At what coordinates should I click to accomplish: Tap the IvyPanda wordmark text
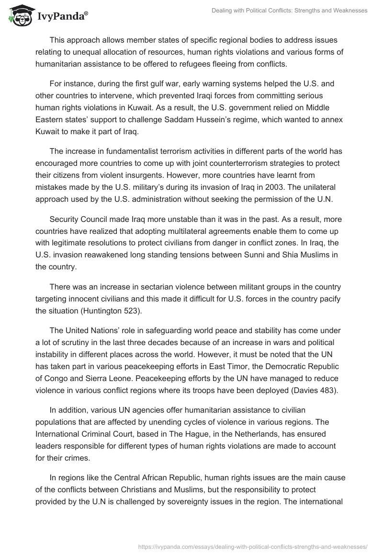point(61,16)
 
